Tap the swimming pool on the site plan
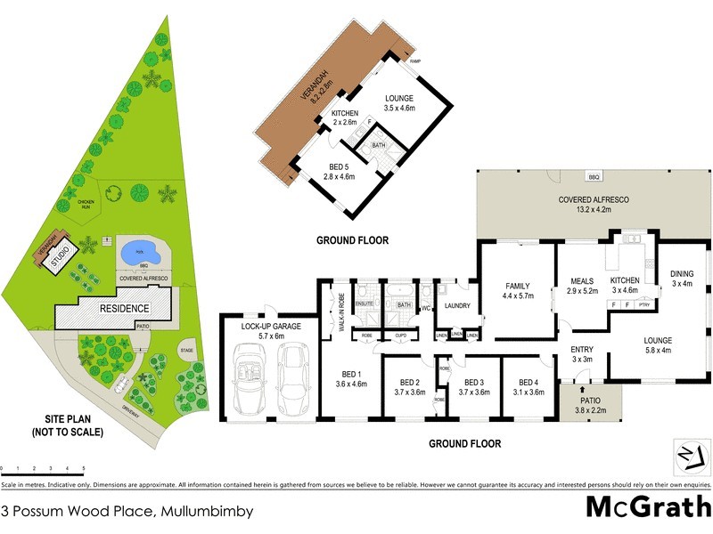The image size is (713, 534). click(x=141, y=253)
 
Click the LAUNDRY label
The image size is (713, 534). click(x=457, y=306)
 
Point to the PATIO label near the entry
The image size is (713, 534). click(x=588, y=401)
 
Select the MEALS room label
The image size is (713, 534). click(x=581, y=282)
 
